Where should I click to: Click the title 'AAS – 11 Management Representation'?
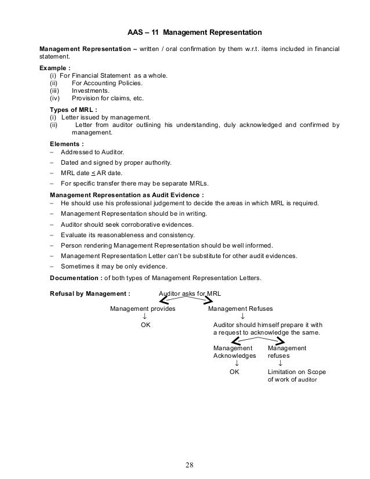tap(195, 30)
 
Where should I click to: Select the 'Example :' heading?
tap(55, 68)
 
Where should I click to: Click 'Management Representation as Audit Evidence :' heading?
tap(127, 195)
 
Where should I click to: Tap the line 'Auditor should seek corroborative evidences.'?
tap(127, 224)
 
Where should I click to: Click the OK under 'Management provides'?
tap(146, 325)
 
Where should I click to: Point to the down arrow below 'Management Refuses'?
tap(242, 317)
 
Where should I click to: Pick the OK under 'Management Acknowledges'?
tap(235, 372)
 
